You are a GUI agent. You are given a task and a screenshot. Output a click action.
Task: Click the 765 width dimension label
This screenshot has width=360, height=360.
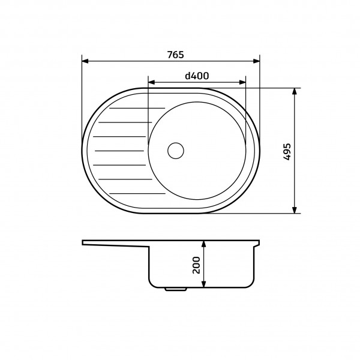tap(175, 55)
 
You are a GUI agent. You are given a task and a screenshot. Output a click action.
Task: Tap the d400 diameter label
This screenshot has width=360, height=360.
tap(197, 76)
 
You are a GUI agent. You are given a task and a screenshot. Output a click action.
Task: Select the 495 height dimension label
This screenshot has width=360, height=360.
tap(287, 152)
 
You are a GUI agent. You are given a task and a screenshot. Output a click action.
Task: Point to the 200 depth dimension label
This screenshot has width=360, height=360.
tap(196, 265)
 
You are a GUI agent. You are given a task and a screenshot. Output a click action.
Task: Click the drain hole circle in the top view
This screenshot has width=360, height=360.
tap(176, 151)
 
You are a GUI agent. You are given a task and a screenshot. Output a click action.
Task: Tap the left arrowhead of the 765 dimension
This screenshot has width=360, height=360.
tap(85, 61)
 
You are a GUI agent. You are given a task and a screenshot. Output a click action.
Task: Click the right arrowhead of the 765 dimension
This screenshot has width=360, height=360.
tap(256, 61)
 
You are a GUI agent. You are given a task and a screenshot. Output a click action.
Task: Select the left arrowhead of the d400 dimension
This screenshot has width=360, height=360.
tap(152, 82)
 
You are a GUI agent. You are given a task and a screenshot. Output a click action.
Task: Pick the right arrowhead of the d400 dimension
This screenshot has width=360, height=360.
tap(242, 82)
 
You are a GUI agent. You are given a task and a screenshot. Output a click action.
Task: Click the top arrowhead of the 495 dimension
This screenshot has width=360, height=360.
tap(295, 91)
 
